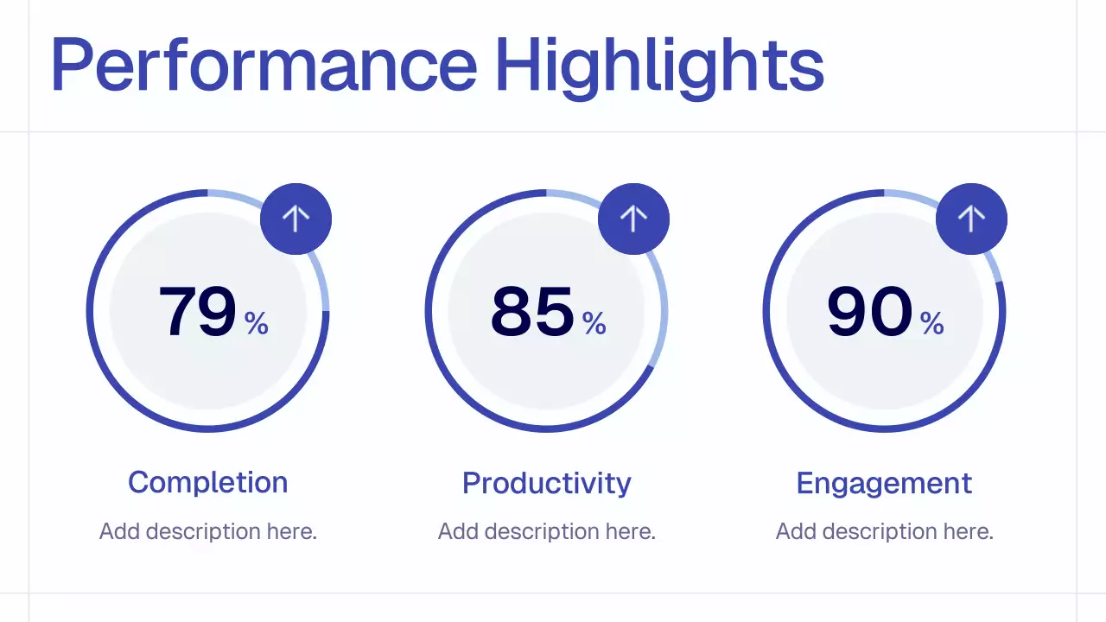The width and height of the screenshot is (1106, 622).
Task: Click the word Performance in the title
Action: point(264,65)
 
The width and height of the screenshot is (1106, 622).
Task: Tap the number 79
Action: point(197,311)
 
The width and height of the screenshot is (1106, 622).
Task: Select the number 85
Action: point(532,311)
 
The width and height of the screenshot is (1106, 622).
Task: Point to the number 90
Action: point(869,311)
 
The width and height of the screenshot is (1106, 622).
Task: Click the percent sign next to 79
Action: point(257,323)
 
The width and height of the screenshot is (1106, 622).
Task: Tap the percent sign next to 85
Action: point(594,323)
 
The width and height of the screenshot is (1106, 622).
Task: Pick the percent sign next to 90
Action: point(932,323)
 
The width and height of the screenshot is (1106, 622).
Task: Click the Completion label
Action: point(207,482)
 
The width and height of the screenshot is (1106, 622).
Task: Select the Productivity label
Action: point(546,483)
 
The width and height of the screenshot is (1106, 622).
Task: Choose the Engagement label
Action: point(884,483)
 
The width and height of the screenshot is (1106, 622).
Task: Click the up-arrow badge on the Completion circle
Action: point(296,219)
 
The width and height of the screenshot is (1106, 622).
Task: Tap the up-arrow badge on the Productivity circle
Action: point(633,219)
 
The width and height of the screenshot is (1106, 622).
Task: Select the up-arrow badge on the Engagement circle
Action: point(971,219)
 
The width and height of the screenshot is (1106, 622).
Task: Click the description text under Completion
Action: point(207,531)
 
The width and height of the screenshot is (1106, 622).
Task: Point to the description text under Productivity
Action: point(546,531)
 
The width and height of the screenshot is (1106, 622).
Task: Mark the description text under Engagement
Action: point(884,531)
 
